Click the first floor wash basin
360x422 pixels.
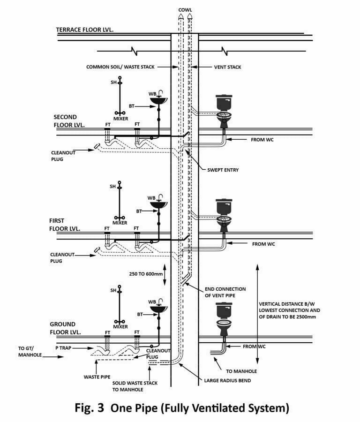click(158, 203)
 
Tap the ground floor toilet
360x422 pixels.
click(224, 319)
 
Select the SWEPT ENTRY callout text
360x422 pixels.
click(223, 170)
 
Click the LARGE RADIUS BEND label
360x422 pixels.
click(227, 381)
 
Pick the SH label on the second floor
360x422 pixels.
click(112, 83)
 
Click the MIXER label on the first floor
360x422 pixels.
click(120, 223)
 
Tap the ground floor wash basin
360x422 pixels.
click(158, 308)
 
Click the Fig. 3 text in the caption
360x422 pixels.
click(90, 407)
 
